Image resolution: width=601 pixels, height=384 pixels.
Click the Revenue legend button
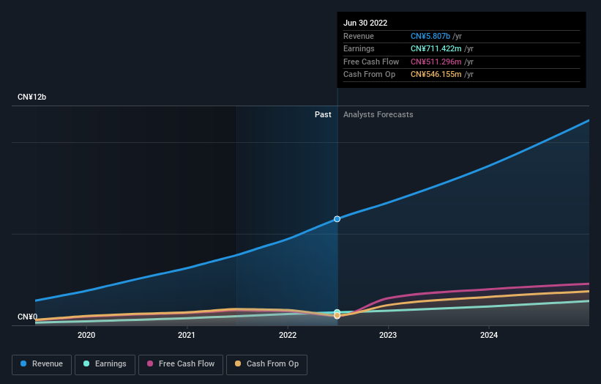[x=42, y=364]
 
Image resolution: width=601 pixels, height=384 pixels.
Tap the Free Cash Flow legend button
[x=180, y=364]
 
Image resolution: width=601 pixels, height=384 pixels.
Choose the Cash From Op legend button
[x=266, y=364]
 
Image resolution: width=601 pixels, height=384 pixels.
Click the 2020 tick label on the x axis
[x=86, y=336]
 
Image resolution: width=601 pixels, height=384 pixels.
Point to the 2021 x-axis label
[x=187, y=336]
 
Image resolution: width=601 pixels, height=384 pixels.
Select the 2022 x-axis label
[x=288, y=336]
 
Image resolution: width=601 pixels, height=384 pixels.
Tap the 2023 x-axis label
[x=388, y=336]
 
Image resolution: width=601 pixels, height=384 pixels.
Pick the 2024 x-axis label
[x=489, y=336]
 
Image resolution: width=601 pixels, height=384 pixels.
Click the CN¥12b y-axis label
[x=32, y=97]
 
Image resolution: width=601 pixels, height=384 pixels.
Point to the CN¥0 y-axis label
[x=28, y=317]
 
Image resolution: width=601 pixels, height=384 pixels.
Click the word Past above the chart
[x=323, y=114]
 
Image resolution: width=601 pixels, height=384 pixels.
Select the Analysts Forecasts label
[x=378, y=114]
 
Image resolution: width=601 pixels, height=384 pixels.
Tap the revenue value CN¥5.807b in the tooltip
[x=430, y=36]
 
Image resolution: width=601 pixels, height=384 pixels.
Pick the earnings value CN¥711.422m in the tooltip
[x=436, y=49]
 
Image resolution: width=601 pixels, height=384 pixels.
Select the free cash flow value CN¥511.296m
[x=436, y=62]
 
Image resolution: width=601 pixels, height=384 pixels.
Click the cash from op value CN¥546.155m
[x=436, y=74]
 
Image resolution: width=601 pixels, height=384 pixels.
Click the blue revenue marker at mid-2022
[x=337, y=219]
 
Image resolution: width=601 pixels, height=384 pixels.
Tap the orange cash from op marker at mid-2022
[x=337, y=316]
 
